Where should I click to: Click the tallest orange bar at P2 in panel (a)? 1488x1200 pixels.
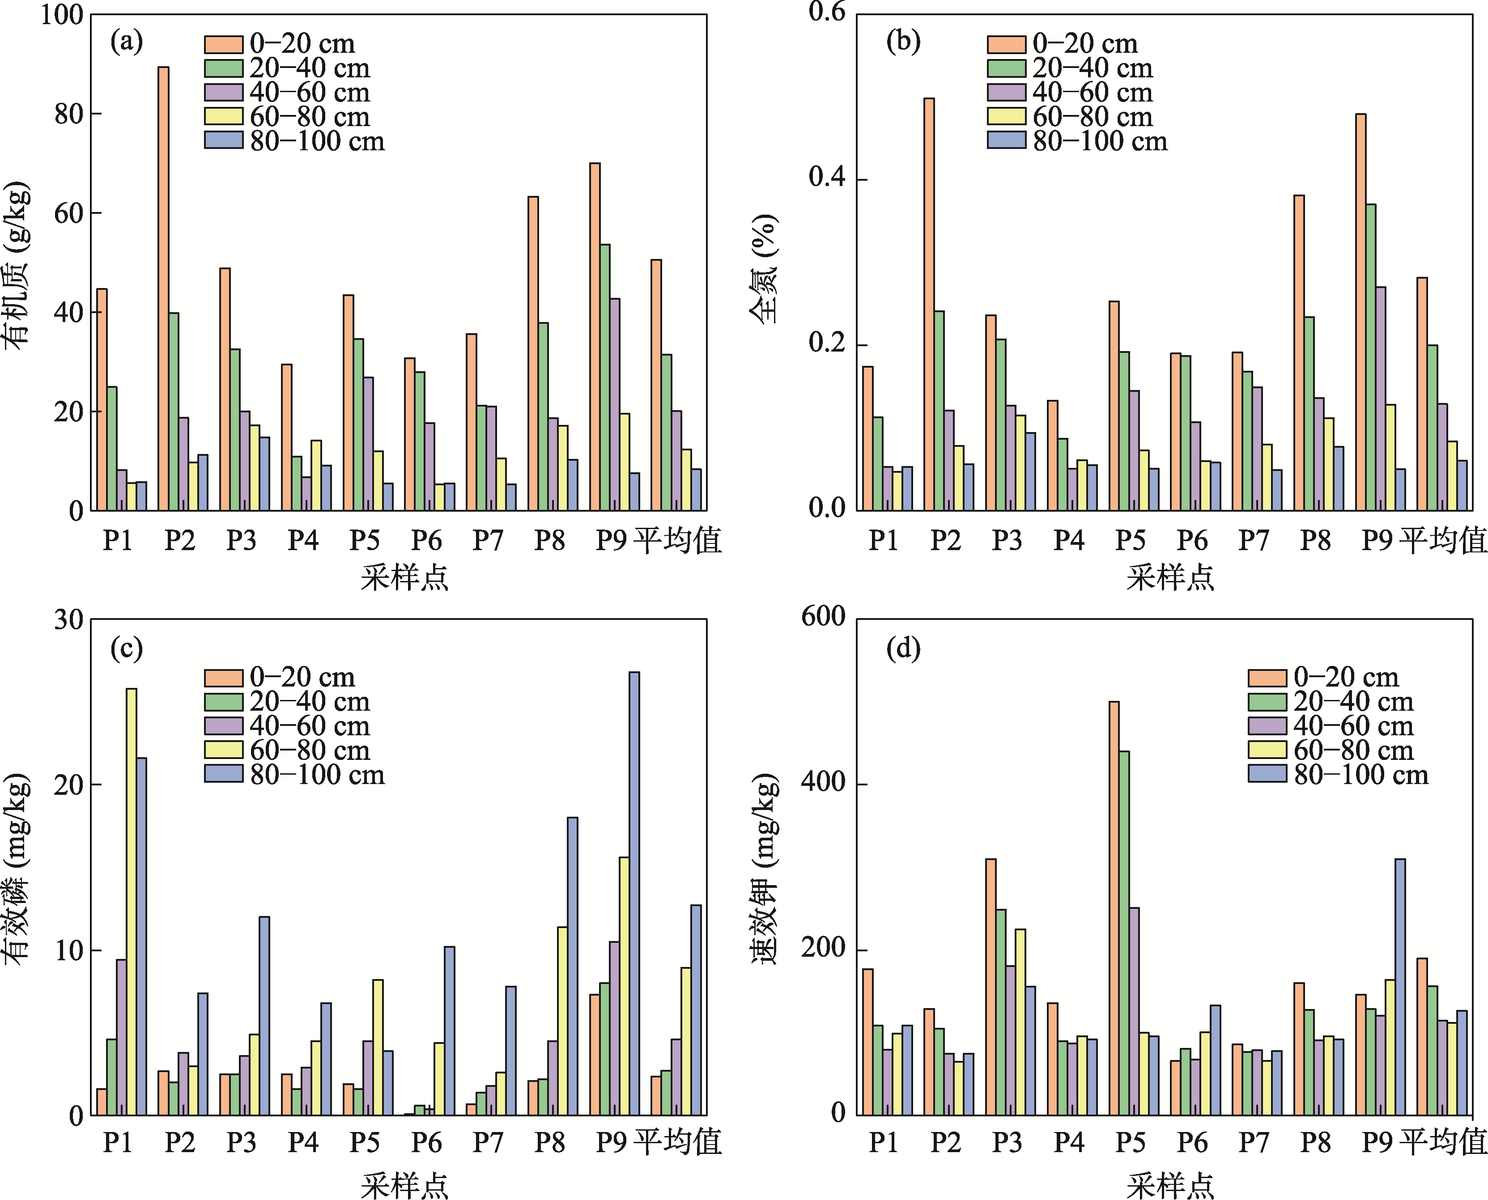point(163,289)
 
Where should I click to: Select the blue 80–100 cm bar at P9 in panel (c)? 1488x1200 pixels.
point(634,893)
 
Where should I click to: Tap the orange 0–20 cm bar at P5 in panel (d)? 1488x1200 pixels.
point(1114,908)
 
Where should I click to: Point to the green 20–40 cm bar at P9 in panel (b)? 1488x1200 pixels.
point(1370,357)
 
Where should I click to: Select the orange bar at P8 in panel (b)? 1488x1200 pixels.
point(1299,353)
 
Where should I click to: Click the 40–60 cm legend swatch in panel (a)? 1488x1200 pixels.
point(223,92)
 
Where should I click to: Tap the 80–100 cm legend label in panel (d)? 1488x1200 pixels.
point(1361,775)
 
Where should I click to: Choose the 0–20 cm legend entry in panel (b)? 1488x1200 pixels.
point(1062,43)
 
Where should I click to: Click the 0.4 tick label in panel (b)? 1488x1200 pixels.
point(827,178)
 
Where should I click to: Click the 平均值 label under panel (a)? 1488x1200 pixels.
point(678,540)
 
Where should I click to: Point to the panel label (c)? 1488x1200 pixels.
point(127,649)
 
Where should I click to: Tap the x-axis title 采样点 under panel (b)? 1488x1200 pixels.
point(1170,577)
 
